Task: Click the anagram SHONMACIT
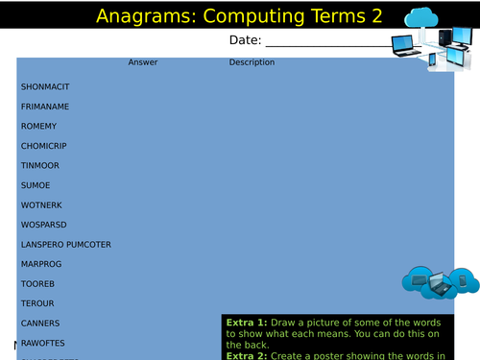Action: coord(45,86)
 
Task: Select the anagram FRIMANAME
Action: coord(45,107)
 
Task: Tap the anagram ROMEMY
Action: coord(38,127)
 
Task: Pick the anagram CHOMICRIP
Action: coord(44,146)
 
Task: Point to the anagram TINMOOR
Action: coord(40,166)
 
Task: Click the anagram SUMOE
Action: coord(35,185)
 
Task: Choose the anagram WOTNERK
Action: coord(41,205)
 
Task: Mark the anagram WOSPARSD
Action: coord(43,225)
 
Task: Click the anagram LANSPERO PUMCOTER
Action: coord(66,245)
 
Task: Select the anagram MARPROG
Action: coord(41,265)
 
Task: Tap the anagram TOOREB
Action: coord(37,284)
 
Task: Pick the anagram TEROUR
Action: coord(37,303)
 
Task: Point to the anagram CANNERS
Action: coord(40,324)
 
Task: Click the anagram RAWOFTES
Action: coord(43,343)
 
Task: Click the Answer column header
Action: coord(143,62)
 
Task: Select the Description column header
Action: coord(252,62)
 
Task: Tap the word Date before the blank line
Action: coord(244,40)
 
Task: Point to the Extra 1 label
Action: coord(245,323)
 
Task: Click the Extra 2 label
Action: coord(245,354)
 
